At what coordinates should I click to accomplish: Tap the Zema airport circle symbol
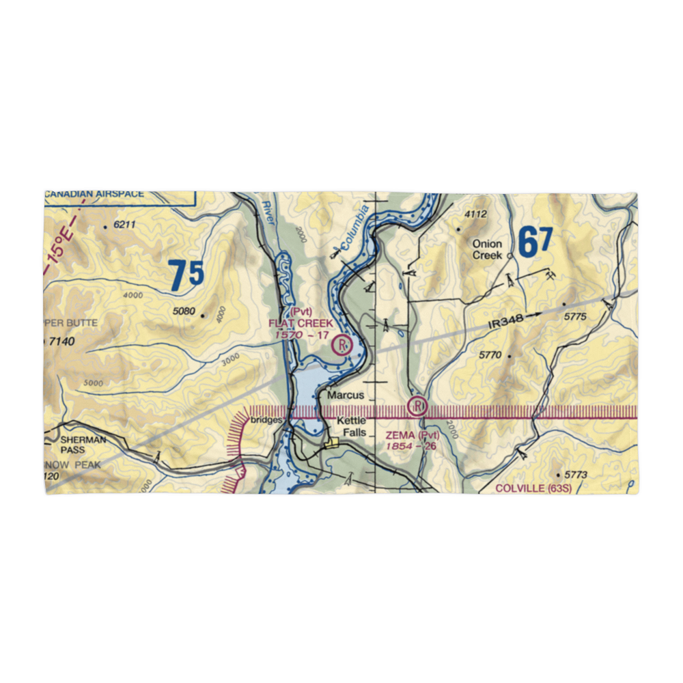(x=417, y=407)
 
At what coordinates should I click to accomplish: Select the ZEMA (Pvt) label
(x=411, y=435)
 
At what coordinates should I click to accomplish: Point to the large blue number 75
(x=186, y=275)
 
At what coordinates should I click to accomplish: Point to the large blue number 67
(x=535, y=242)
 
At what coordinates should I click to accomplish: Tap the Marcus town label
(x=345, y=395)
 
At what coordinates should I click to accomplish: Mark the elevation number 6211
(x=125, y=225)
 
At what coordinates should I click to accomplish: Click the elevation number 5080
(x=184, y=312)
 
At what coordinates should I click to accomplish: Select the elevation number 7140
(x=62, y=341)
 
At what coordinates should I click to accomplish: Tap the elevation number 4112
(x=475, y=214)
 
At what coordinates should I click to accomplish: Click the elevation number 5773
(x=571, y=474)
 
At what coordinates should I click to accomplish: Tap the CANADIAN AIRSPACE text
(x=95, y=194)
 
